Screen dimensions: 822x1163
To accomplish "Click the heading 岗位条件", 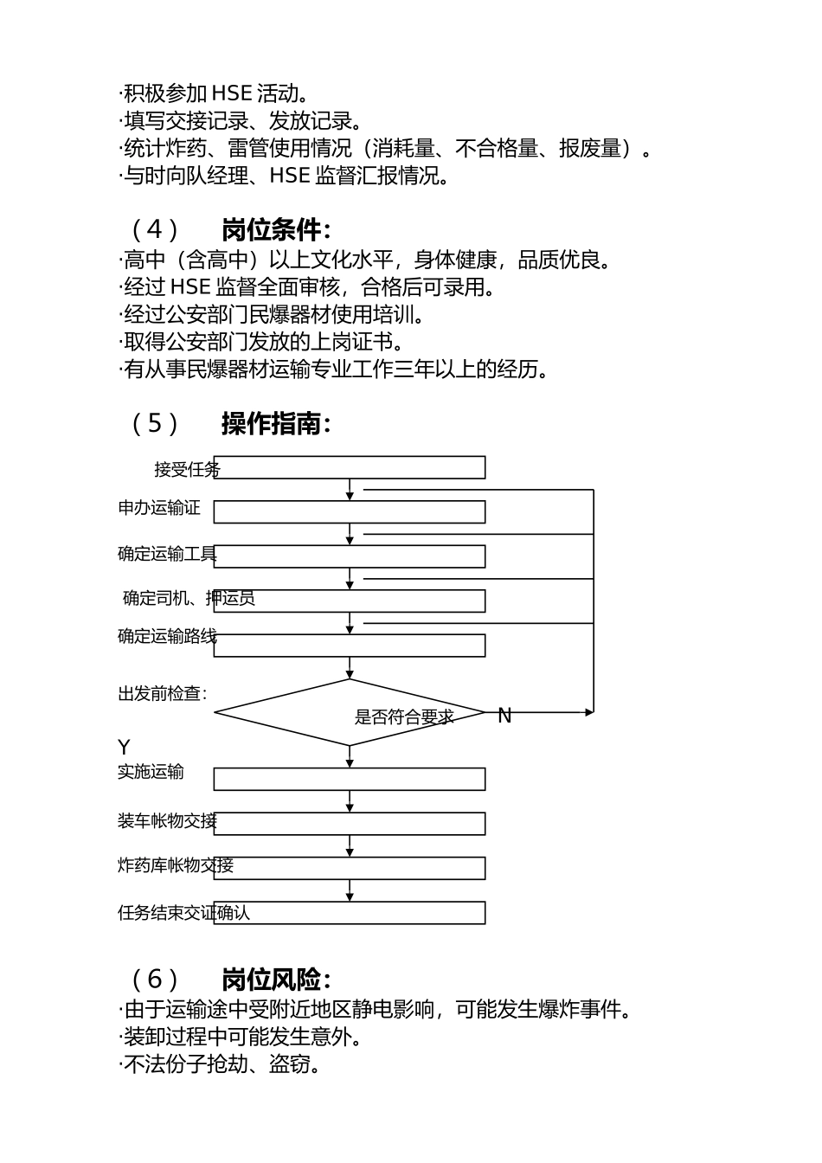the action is tap(275, 230).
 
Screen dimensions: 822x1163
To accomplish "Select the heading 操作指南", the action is tap(275, 424).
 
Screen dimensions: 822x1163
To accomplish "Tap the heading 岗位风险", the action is tap(275, 980).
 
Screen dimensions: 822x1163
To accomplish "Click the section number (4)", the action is tap(155, 230).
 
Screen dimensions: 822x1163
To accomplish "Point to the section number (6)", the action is tap(155, 980).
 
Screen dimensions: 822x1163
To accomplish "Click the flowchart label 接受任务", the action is tap(187, 470).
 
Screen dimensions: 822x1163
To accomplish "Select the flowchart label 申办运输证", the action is tap(159, 508).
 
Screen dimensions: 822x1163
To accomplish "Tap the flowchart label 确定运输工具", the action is tap(167, 554).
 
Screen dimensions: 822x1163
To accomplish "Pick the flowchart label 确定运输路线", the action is tap(167, 637).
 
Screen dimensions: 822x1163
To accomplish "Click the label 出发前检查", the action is tap(162, 694).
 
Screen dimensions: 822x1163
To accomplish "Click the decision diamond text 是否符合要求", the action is tap(404, 717).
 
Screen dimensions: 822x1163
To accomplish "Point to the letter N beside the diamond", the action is tap(504, 716).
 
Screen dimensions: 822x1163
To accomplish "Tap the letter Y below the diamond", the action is tap(124, 748).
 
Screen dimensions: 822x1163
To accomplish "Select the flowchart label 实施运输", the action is tap(151, 772).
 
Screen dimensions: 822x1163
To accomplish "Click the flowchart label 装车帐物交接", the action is tap(167, 821).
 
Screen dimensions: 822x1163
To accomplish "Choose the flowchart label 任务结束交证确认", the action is tap(183, 913).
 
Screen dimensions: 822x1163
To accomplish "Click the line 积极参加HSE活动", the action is tap(214, 93).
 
